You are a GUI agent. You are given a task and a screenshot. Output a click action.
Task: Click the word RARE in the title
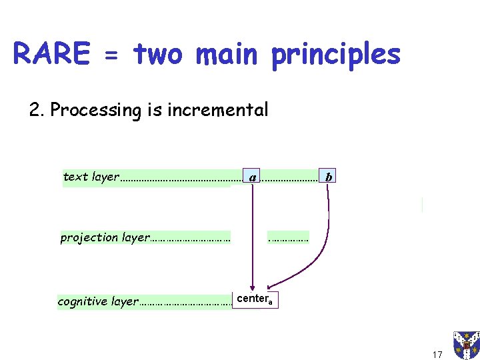[51, 54]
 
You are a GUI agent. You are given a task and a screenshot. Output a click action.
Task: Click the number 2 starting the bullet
[35, 109]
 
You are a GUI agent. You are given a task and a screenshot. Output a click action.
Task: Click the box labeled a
[252, 177]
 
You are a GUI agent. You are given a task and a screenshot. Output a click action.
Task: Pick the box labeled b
[329, 177]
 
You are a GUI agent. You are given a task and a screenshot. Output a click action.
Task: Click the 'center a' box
[253, 299]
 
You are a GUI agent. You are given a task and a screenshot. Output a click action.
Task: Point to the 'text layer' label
[90, 177]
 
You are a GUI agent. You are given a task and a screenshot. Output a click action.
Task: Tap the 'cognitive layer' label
[97, 301]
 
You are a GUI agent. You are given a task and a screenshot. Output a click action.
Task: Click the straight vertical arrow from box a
[252, 233]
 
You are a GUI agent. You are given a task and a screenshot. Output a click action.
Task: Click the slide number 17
[437, 354]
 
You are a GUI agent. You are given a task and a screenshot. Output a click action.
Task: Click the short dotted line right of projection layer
[287, 237]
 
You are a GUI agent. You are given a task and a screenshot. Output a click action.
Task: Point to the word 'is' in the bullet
[153, 109]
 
